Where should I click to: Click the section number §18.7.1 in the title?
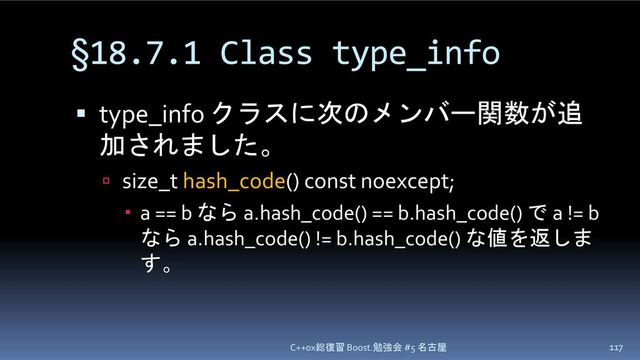point(136,54)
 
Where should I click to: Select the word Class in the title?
point(266,52)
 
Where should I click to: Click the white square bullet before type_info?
point(81,113)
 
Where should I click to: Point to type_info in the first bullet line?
point(151,115)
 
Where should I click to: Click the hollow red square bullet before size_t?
point(106,181)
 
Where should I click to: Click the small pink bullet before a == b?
point(127,212)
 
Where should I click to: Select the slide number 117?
point(616,347)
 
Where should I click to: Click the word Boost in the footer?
point(358,347)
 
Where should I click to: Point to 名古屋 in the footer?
point(432,347)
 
